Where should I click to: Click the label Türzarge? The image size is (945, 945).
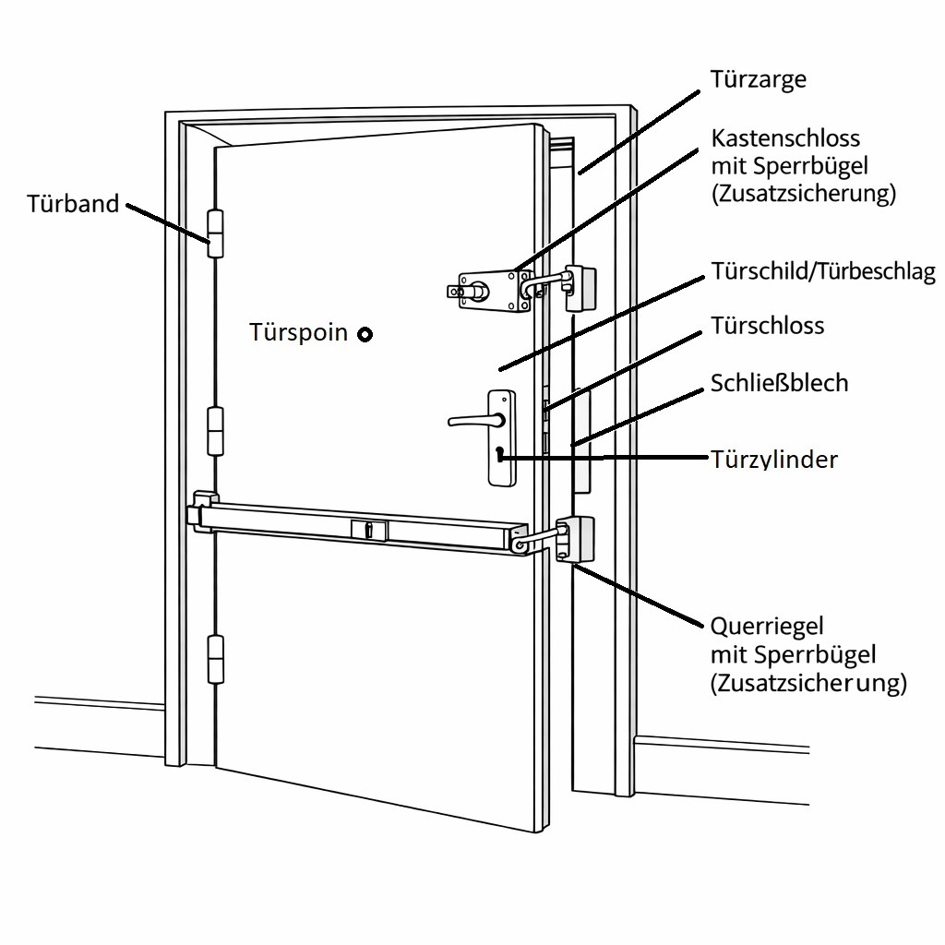click(758, 79)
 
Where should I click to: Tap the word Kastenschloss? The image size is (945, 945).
click(784, 138)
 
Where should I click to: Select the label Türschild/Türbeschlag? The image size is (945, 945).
click(822, 272)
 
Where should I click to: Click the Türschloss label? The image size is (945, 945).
click(767, 326)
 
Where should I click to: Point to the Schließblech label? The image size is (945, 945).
click(779, 383)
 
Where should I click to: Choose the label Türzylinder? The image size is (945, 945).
click(774, 459)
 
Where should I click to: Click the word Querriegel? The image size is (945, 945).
click(766, 627)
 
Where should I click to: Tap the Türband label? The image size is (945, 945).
click(74, 203)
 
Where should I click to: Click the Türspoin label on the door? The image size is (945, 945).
click(298, 333)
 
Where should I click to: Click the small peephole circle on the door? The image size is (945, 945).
click(365, 334)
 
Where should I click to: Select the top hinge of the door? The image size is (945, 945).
click(216, 233)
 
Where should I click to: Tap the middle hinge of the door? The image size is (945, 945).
click(216, 431)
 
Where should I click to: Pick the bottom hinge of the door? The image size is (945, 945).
click(217, 659)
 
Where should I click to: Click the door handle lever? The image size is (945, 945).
click(475, 421)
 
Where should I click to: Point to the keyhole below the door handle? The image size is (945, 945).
click(499, 454)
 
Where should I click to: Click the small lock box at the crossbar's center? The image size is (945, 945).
click(369, 530)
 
